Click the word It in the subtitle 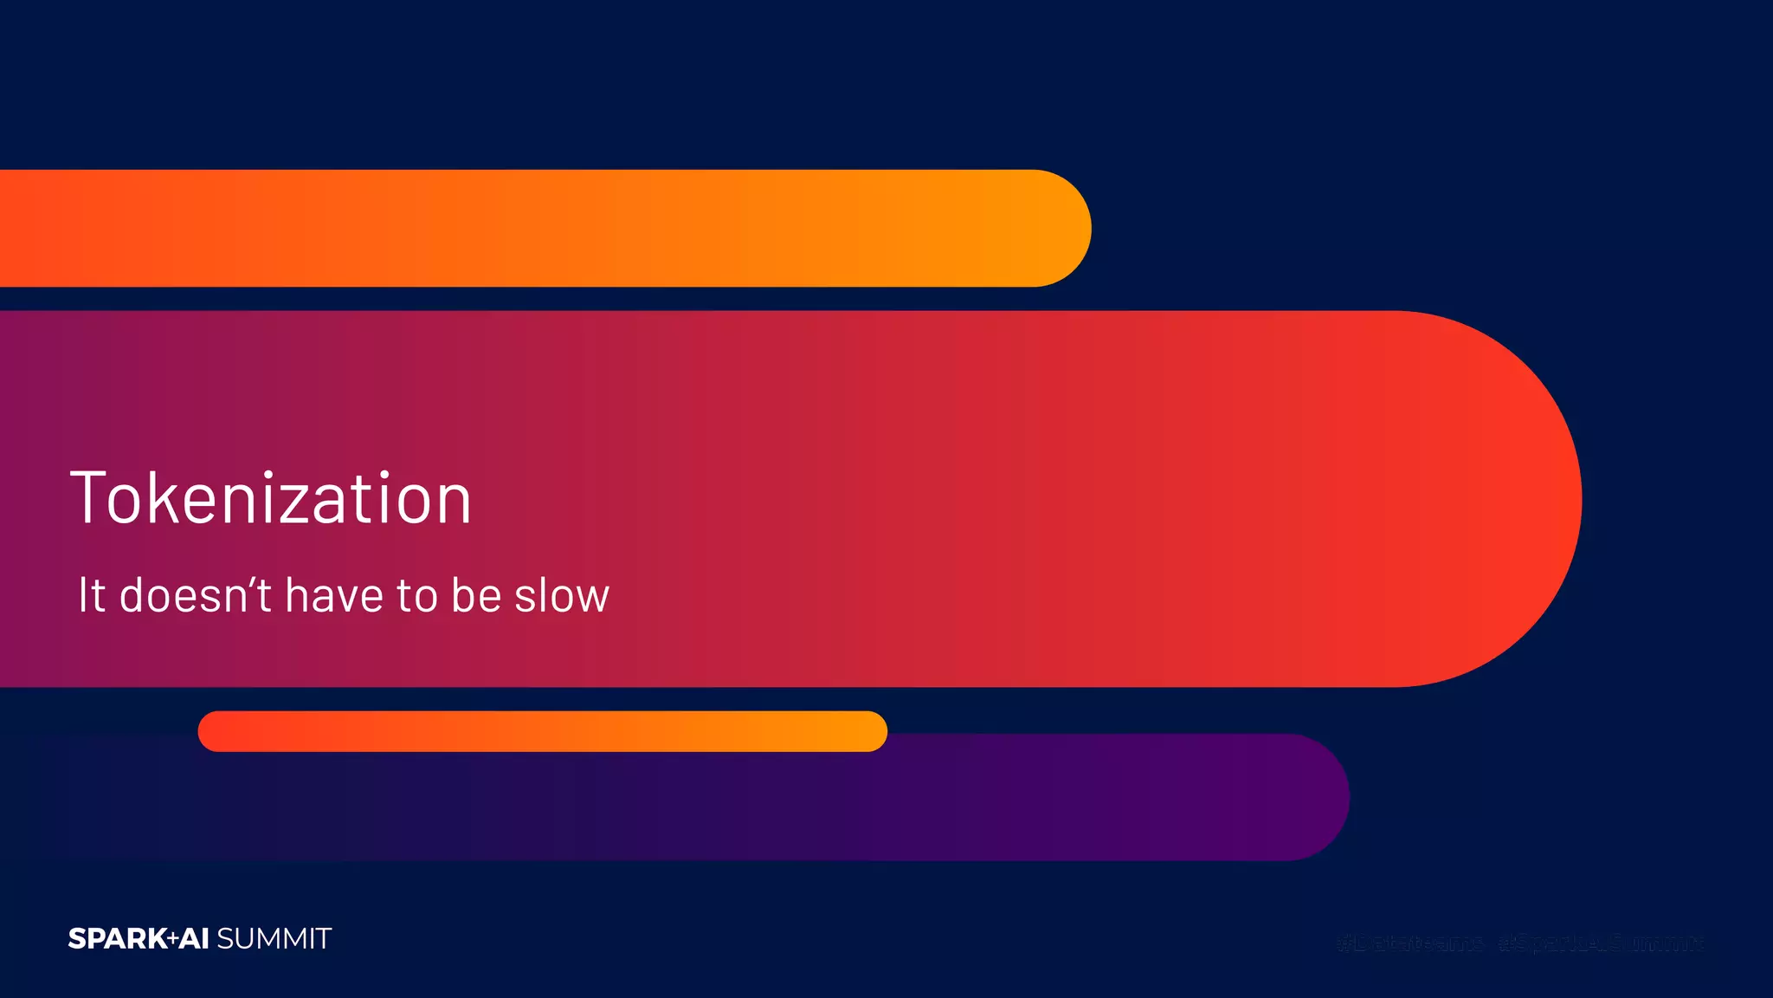click(x=91, y=595)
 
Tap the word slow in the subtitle click(x=562, y=595)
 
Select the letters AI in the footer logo click(x=195, y=939)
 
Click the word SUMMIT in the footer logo click(x=274, y=939)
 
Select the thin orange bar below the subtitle click(x=543, y=731)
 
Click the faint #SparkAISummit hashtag click(x=1602, y=942)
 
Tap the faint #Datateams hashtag click(x=1409, y=942)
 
